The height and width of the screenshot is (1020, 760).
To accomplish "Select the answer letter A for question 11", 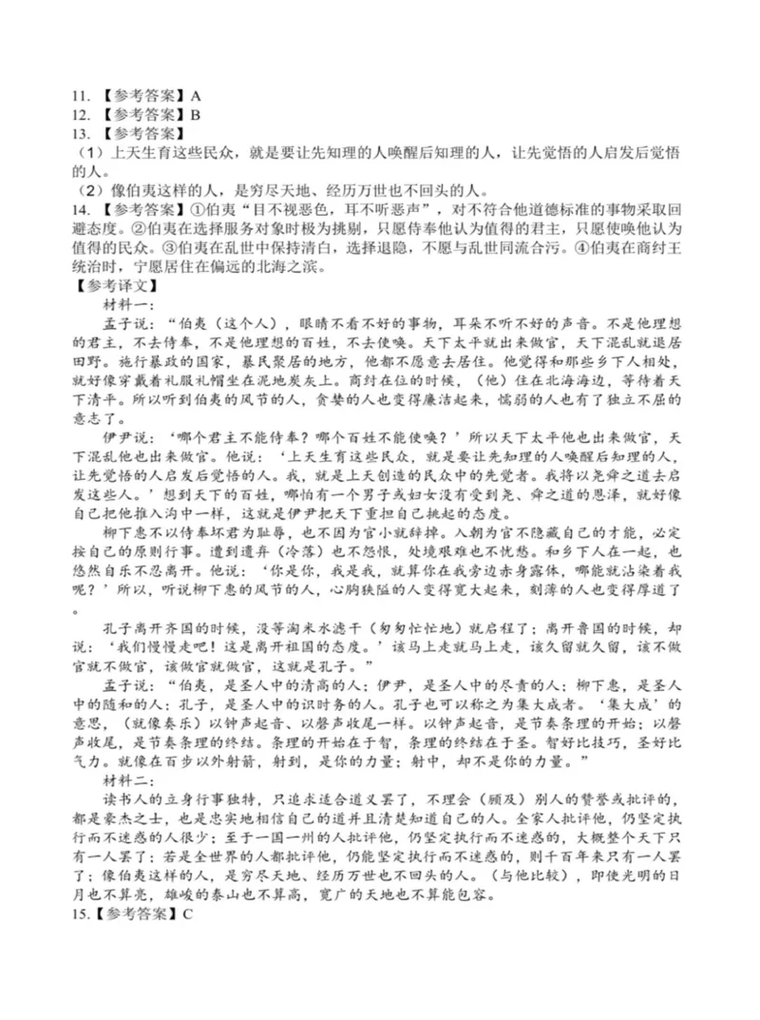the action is click(196, 96).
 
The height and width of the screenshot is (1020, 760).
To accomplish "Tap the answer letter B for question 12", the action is click(196, 114).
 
